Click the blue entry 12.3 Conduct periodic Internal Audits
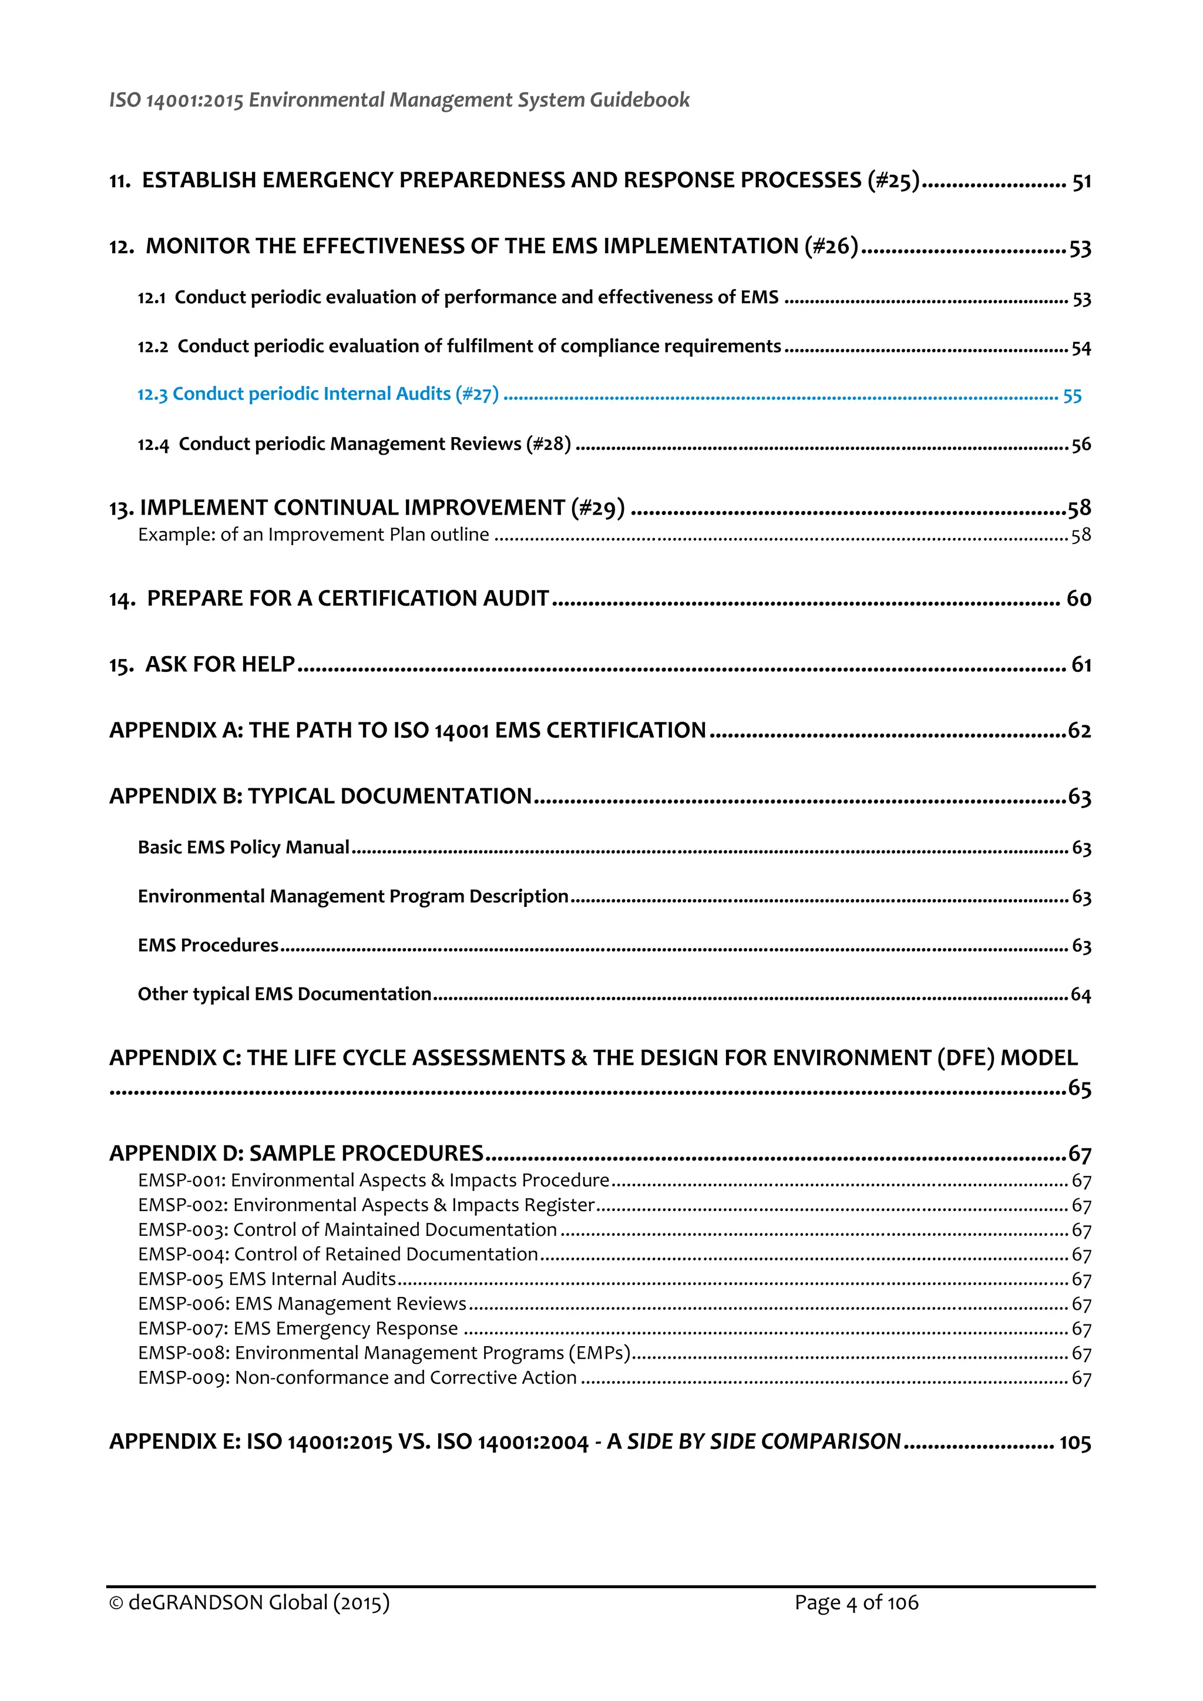tap(318, 394)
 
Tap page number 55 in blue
tap(1072, 396)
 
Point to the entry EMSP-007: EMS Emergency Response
tap(298, 1329)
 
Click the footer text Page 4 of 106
tap(856, 1602)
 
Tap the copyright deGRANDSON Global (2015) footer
tap(249, 1602)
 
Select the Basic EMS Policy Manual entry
tap(243, 847)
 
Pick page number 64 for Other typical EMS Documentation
tap(1081, 995)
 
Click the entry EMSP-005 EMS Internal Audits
tap(267, 1279)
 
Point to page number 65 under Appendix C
tap(1079, 1088)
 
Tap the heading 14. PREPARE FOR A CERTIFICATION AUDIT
tap(329, 599)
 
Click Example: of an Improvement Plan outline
tap(313, 535)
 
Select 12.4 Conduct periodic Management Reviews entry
tap(354, 444)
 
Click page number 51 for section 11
tap(1081, 181)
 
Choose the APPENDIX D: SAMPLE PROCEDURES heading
tap(296, 1154)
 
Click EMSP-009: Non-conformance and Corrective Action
tap(357, 1377)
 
